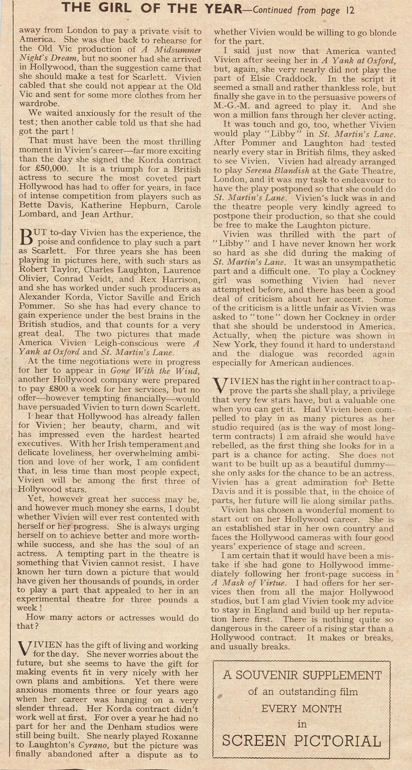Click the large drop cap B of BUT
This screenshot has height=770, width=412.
pyautogui.click(x=25, y=238)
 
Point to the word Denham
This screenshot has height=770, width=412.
pyautogui.click(x=117, y=727)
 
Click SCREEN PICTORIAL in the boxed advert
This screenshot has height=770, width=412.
pyautogui.click(x=302, y=741)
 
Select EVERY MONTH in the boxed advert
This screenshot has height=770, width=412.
pyautogui.click(x=302, y=709)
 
